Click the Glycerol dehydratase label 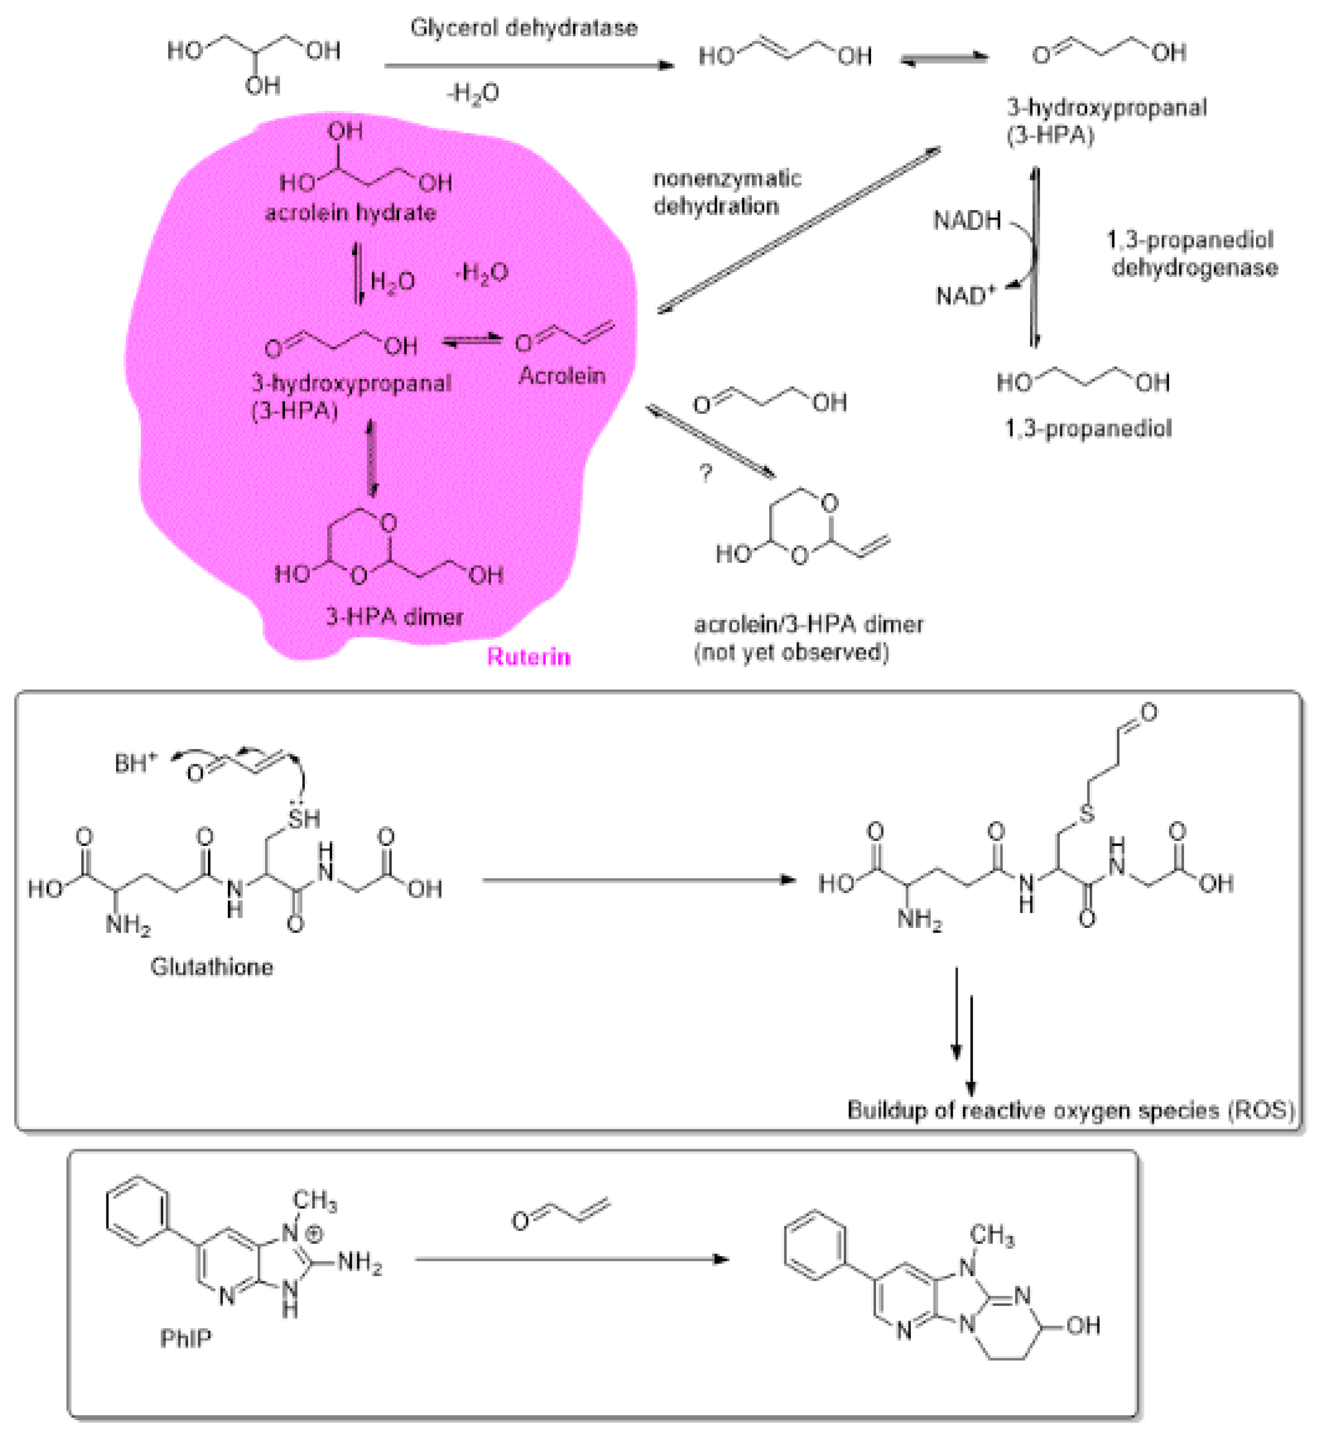coord(524,28)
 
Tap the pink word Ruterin coord(529,657)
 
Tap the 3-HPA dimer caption coord(394,616)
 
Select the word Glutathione coord(212,967)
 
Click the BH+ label coord(135,763)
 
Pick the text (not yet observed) coord(792,652)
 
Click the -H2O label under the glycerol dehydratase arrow coord(473,94)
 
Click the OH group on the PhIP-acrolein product coord(1083,1326)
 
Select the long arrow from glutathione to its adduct coord(638,880)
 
